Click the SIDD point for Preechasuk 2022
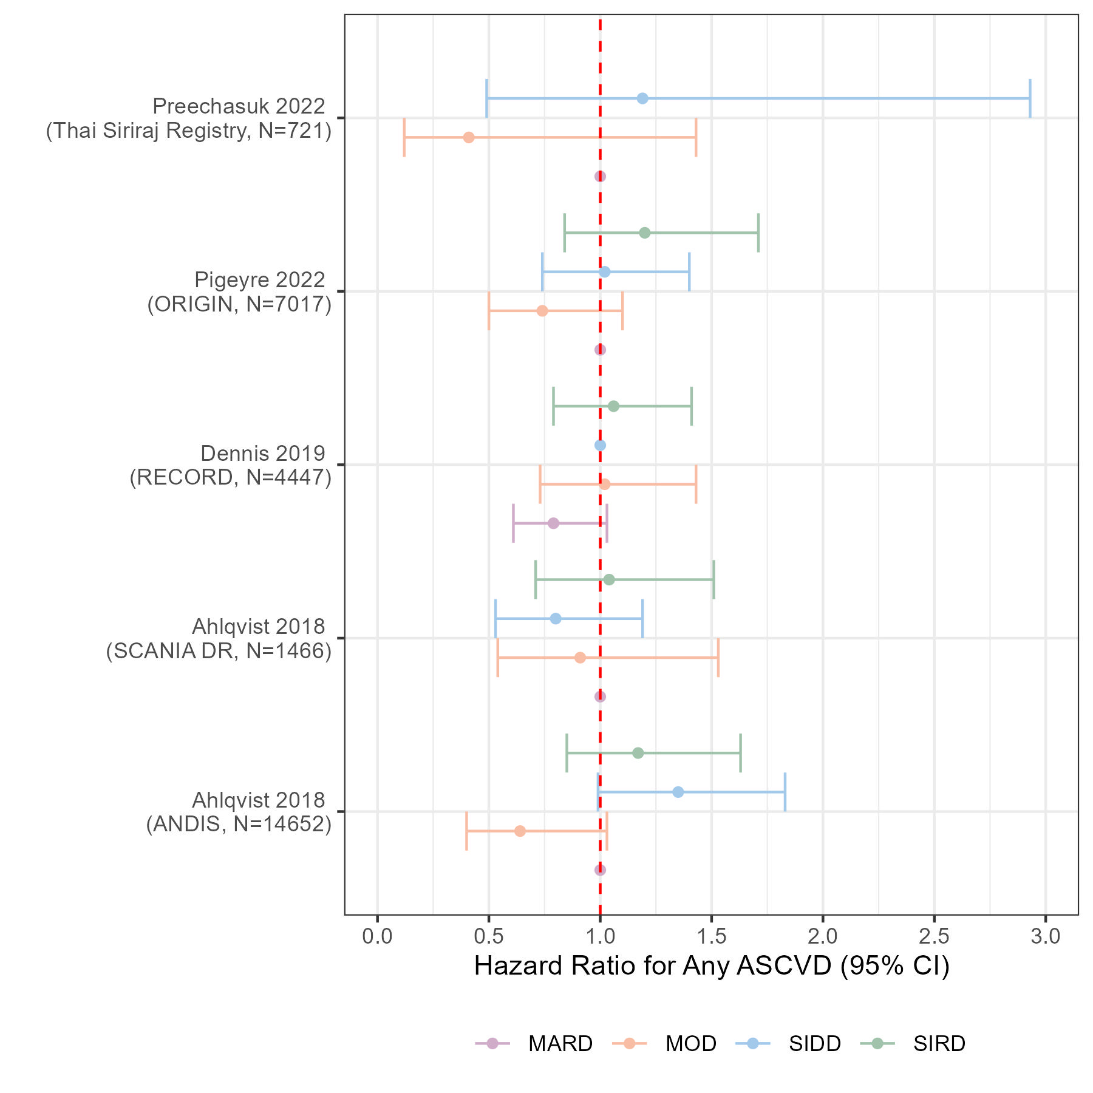click(642, 98)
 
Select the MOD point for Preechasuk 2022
click(468, 137)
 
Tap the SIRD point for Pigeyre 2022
click(645, 233)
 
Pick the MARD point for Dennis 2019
click(553, 523)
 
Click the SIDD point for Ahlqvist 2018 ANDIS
click(678, 792)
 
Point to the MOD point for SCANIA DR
click(580, 658)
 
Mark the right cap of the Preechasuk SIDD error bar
click(1030, 98)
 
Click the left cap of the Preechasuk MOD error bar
click(404, 137)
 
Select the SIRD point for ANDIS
click(638, 753)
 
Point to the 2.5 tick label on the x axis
click(934, 936)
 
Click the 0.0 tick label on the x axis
click(377, 936)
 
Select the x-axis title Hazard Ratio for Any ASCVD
click(712, 966)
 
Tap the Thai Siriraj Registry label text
click(189, 131)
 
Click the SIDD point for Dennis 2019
click(600, 445)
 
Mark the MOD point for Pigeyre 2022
click(542, 311)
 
